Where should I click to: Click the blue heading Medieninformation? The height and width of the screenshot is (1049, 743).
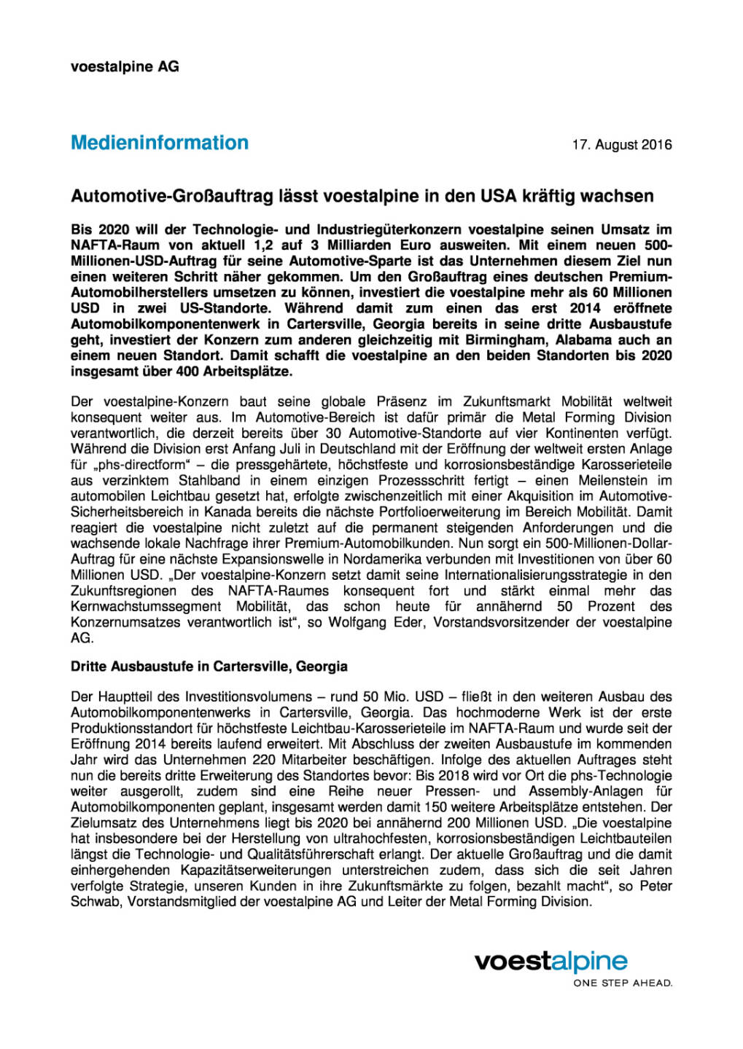(x=160, y=143)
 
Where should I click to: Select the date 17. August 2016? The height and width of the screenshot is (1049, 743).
(x=621, y=145)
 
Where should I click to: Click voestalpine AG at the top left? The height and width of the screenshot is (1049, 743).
(x=125, y=66)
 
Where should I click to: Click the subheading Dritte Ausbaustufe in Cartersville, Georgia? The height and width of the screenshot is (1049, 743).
(x=209, y=667)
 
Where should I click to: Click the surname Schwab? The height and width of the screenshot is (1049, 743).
(x=96, y=902)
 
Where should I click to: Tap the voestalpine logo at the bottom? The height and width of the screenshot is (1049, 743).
(x=551, y=962)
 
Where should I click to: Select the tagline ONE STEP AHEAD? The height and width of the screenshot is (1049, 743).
(x=623, y=983)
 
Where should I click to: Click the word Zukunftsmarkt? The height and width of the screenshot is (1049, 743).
(x=502, y=401)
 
